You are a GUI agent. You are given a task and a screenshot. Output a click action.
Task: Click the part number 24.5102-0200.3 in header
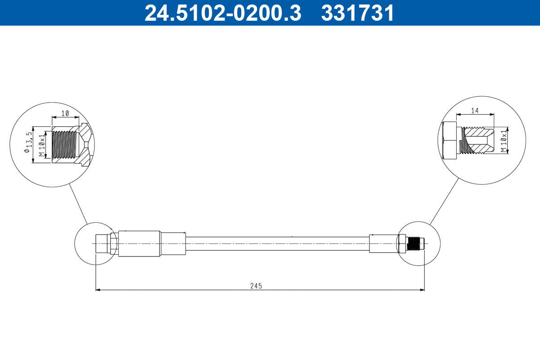click(222, 13)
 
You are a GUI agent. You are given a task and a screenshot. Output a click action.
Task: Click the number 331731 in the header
click(357, 13)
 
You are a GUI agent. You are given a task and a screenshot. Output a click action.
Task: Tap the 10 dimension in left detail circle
click(65, 113)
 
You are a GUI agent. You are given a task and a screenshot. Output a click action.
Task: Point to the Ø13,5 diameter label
click(29, 143)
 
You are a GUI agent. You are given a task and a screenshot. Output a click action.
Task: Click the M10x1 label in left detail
click(41, 145)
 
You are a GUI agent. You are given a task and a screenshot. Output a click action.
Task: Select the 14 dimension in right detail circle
click(475, 110)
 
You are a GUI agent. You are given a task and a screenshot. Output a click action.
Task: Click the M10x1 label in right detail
click(504, 140)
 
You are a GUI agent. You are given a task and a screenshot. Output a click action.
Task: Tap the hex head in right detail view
click(450, 140)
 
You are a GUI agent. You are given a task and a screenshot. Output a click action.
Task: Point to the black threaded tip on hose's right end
click(415, 243)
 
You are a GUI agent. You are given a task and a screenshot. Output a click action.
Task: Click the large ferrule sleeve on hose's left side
click(139, 243)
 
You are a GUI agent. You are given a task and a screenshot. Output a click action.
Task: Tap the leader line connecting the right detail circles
click(444, 201)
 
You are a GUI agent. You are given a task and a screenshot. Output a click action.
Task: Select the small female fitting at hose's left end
click(103, 243)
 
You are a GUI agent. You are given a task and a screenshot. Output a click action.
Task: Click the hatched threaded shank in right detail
click(477, 140)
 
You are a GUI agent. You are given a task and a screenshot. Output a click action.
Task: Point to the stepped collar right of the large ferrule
click(173, 243)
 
